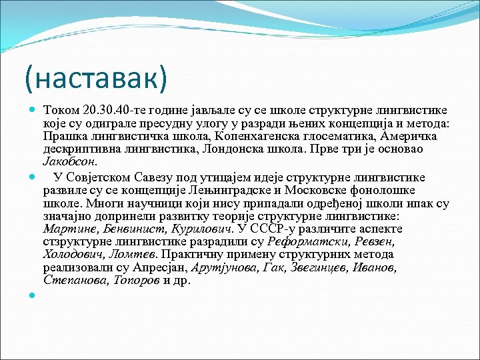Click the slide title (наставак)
95,78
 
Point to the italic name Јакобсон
69,161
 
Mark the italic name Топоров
137,280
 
